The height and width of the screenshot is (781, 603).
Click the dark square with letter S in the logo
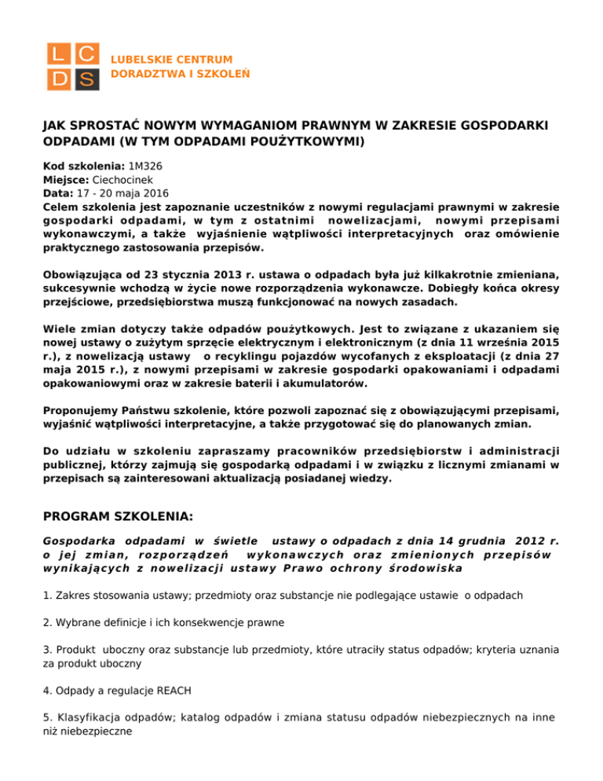click(86, 79)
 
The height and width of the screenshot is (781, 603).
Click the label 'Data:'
click(57, 192)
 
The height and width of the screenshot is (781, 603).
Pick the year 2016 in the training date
click(154, 192)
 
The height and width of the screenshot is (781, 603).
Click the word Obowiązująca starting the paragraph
click(83, 275)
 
